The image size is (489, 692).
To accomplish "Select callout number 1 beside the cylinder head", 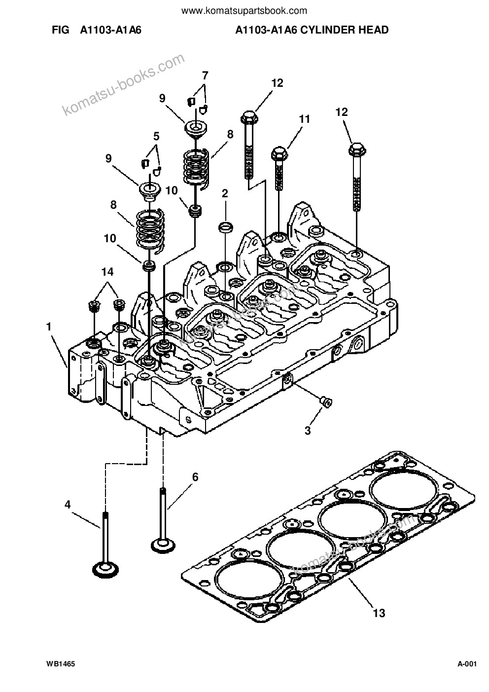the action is (48, 327).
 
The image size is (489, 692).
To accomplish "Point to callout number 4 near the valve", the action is (68, 505).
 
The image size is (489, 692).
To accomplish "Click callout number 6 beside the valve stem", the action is (195, 477).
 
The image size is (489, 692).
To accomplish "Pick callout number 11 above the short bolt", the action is (304, 119).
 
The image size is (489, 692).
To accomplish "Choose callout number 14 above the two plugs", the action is (107, 272).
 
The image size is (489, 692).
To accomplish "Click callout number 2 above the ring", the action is (225, 193).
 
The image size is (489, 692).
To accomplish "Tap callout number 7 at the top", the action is (205, 75).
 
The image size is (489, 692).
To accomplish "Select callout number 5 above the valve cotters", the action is (156, 136).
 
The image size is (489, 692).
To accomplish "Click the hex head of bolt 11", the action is (279, 153).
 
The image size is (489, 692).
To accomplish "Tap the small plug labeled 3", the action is (325, 402).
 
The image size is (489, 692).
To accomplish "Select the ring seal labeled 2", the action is (225, 228).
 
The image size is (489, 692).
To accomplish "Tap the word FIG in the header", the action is (61, 30).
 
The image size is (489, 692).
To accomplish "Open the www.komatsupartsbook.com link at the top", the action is (244, 11).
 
